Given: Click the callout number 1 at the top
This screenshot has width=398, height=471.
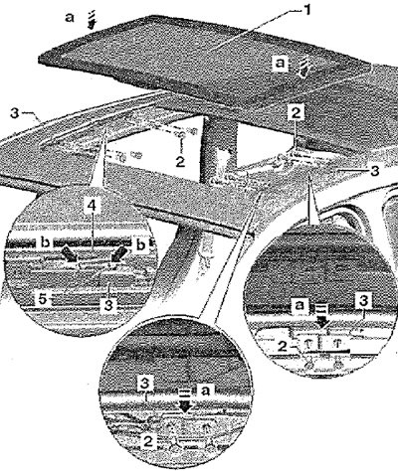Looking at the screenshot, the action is coord(307,10).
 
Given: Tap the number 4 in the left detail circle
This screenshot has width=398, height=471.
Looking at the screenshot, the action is coord(92,206).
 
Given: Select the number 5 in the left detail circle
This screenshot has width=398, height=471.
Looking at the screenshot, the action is coord(42,299).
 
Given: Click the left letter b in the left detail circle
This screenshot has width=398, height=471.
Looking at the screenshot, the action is coord(45,243).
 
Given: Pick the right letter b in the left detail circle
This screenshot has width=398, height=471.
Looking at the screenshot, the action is coord(141,244).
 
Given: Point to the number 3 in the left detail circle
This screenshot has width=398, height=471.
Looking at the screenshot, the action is coord(108,305).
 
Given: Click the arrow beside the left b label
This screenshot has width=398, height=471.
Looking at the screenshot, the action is coord(69,254).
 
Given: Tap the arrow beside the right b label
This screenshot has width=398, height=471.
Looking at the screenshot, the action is coord(118,254).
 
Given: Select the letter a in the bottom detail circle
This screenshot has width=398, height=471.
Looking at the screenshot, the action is coord(206,392).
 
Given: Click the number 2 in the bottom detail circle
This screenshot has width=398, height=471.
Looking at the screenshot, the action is coord(148,442).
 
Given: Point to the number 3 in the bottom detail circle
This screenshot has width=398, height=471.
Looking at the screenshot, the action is coord(145,386).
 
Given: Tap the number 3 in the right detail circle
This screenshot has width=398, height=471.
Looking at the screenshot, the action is coord(363,301).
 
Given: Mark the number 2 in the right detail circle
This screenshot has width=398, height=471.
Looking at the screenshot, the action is coord(283,347).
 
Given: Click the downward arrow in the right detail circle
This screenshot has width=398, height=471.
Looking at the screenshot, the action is coord(321,320).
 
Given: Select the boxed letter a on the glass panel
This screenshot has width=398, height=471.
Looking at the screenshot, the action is coord(281,64).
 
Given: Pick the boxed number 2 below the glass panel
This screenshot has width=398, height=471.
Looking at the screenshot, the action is coord(296,113).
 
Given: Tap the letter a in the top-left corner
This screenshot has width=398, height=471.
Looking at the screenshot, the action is coord(69,17).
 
